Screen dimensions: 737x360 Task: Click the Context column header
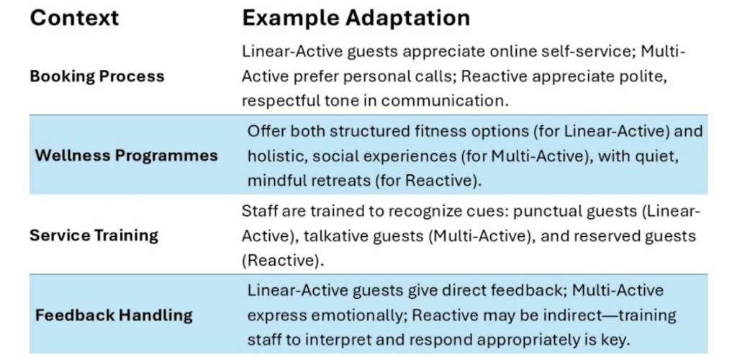pyautogui.click(x=74, y=18)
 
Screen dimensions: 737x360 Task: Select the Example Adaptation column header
pyautogui.click(x=356, y=18)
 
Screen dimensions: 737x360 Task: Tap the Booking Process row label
pyautogui.click(x=97, y=76)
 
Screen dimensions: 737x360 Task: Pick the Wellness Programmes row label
pyautogui.click(x=127, y=156)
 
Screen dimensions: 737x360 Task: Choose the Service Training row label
pyautogui.click(x=94, y=235)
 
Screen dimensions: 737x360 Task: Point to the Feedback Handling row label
pyautogui.click(x=114, y=315)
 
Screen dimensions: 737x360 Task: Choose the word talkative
pyautogui.click(x=336, y=235)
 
